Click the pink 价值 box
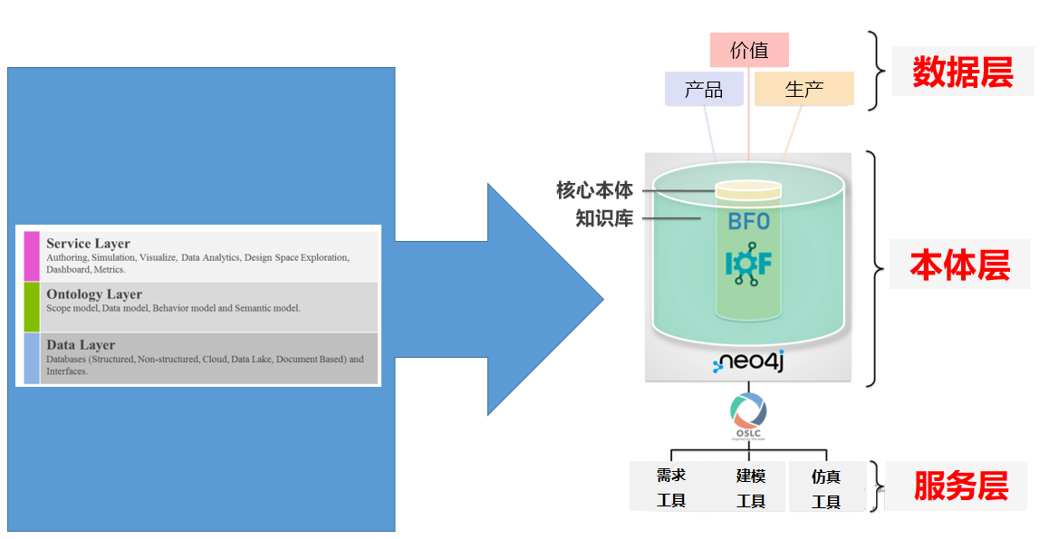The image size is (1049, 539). point(749,50)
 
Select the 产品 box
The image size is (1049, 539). point(704,89)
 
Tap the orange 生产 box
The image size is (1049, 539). point(804,89)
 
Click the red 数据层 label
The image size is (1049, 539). point(962,72)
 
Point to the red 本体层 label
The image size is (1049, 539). point(959,265)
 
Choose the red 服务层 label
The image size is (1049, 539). point(960,486)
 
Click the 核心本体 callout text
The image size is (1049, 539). point(594,190)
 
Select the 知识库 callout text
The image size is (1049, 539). point(604,218)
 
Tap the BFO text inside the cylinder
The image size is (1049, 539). point(748,221)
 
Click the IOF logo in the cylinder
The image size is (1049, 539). point(748,264)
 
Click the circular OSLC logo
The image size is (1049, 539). point(748,413)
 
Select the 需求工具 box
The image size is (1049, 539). point(671,487)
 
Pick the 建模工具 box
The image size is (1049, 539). point(751,487)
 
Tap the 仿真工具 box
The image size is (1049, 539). point(826,487)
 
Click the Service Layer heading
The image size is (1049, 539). point(88,244)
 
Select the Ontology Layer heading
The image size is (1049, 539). point(94,294)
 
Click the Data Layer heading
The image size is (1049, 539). point(81,345)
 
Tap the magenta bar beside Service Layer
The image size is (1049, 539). point(32,255)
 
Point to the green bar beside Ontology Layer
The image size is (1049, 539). point(32,306)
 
